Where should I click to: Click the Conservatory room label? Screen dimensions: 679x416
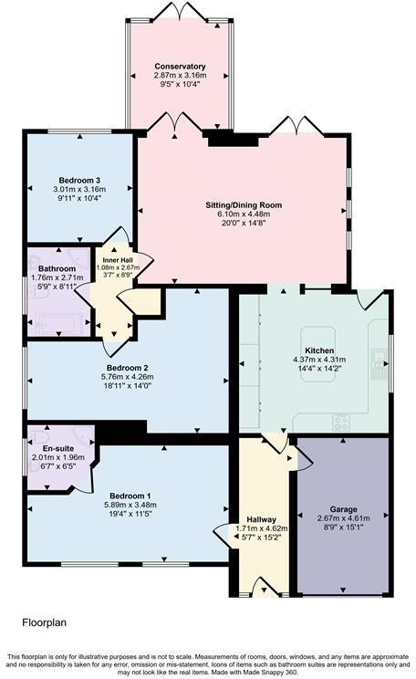180,67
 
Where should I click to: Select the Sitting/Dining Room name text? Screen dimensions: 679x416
244,205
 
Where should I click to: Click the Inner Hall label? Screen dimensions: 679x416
116,258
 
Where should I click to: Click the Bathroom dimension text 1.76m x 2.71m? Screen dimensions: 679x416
57,277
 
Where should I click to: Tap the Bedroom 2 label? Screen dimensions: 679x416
125,369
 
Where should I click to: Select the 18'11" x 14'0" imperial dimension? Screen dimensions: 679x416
125,387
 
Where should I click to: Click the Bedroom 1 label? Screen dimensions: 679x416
124,496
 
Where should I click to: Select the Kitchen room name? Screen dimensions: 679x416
318,351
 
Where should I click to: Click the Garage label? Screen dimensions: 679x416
344,509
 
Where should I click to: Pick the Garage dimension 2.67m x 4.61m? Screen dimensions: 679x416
344,518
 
